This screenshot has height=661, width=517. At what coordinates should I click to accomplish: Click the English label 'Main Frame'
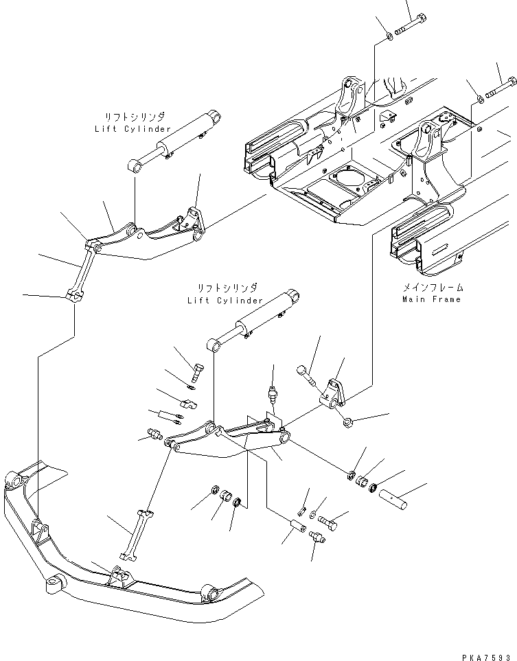[x=431, y=299]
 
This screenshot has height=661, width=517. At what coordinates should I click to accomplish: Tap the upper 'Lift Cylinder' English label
[x=133, y=129]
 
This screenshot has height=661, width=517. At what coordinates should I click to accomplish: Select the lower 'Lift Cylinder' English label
[x=225, y=301]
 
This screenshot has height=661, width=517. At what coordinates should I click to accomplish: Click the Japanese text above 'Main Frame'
[x=433, y=288]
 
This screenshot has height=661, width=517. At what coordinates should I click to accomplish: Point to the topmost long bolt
[x=411, y=25]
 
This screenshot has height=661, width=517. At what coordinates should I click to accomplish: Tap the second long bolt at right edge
[x=501, y=87]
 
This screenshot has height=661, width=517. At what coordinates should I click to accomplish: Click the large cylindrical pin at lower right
[x=394, y=498]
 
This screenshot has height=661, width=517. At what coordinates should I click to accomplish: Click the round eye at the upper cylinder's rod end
[x=135, y=165]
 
